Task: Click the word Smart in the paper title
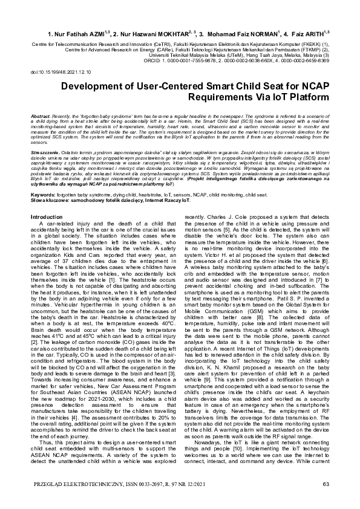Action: pyautogui.click(x=215, y=86)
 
